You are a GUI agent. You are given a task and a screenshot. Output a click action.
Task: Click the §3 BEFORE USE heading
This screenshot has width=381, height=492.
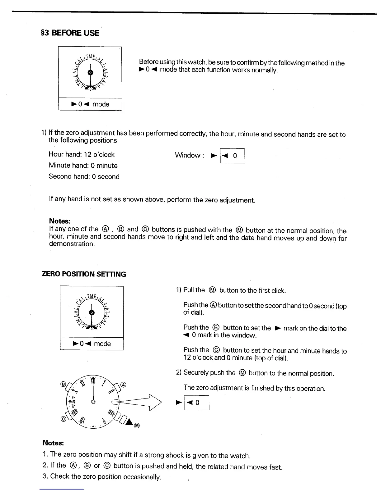[x=70, y=33]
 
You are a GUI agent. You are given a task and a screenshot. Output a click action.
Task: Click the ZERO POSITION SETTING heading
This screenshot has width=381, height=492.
[x=84, y=274]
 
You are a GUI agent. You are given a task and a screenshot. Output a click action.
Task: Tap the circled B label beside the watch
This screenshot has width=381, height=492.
[x=62, y=384]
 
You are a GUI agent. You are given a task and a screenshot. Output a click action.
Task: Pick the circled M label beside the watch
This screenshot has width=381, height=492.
[x=137, y=426]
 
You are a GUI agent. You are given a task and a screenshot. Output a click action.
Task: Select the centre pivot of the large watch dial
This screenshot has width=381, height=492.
[x=93, y=402]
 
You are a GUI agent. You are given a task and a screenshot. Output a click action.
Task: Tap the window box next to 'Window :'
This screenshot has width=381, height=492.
[x=232, y=156]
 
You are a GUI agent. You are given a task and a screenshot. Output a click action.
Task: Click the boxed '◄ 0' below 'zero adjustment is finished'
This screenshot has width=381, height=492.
[x=196, y=403]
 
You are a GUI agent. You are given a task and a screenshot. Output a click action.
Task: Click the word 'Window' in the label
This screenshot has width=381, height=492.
[x=187, y=155]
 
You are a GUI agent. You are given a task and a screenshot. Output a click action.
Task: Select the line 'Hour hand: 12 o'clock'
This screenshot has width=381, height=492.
[x=82, y=154]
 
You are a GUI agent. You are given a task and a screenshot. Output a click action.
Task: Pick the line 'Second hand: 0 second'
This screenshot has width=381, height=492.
[x=84, y=176]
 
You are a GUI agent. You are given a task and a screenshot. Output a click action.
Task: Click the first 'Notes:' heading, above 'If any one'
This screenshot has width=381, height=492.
[x=60, y=221]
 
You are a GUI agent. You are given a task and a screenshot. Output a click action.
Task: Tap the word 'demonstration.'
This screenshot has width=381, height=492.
[x=72, y=244]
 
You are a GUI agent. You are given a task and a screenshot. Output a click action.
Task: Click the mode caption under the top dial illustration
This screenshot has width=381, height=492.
[x=90, y=104]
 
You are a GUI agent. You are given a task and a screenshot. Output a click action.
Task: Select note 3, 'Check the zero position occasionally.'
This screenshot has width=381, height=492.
[x=102, y=476]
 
